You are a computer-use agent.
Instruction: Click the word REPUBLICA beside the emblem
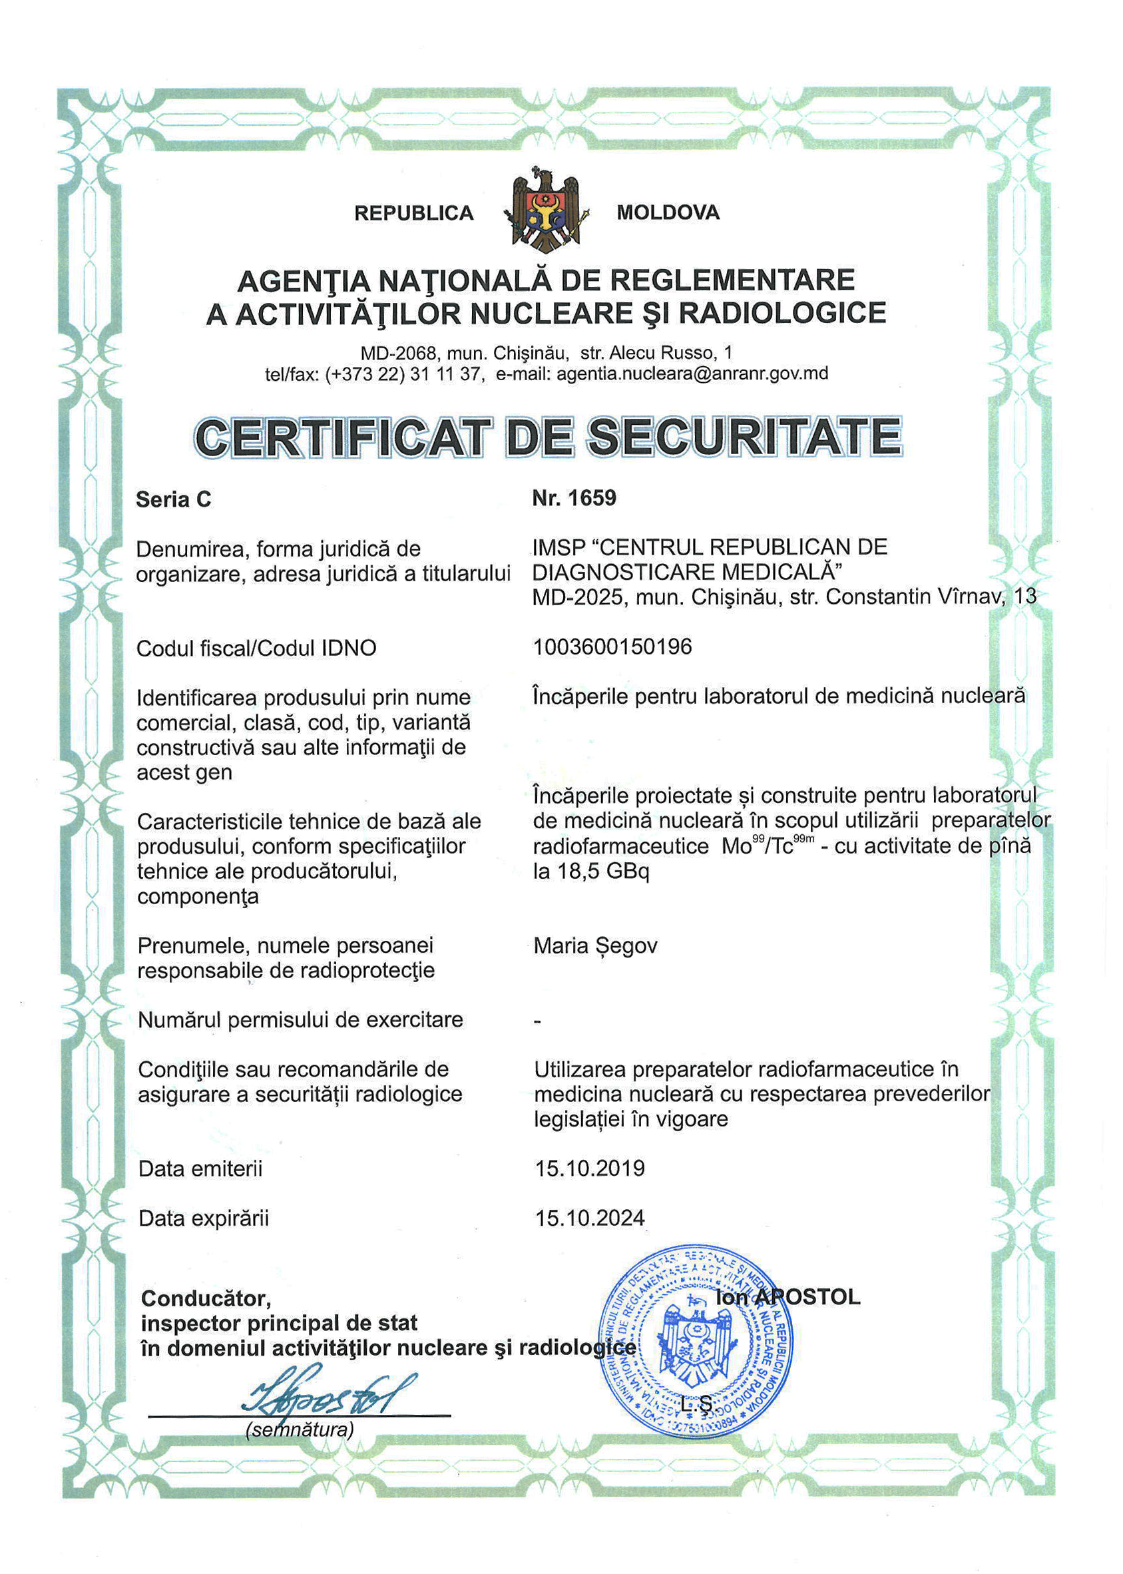[413, 213]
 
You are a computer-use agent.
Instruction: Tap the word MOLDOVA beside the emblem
[668, 212]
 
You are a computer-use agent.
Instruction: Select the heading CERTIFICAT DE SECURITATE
[549, 437]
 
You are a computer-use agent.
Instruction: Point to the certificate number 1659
[591, 498]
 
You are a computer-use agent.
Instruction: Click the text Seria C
[174, 499]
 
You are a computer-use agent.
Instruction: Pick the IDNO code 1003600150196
[612, 647]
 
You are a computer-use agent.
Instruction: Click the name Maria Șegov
[595, 945]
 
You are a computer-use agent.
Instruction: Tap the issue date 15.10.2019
[590, 1169]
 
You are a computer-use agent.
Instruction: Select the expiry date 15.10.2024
[590, 1218]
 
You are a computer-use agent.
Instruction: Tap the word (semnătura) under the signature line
[300, 1430]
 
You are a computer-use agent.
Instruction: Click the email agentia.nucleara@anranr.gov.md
[692, 374]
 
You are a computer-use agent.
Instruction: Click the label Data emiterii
[200, 1169]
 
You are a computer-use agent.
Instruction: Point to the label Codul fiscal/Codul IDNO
[256, 648]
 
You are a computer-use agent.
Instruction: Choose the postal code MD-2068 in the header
[399, 354]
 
